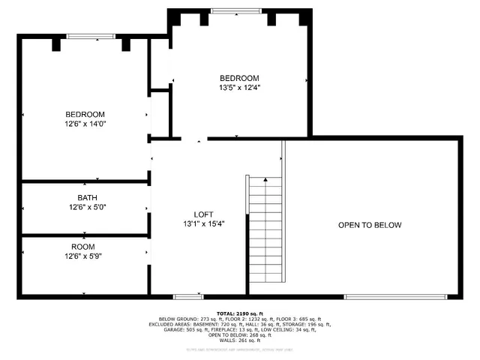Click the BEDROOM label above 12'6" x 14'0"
point(85,114)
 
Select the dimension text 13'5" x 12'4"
point(239,87)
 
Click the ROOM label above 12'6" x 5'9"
point(82,247)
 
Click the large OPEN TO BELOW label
point(370,225)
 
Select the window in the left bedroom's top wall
point(91,36)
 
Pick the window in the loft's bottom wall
point(188,296)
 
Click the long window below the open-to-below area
point(398,296)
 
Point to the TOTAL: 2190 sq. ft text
point(240,313)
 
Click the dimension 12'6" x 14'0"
point(85,123)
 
